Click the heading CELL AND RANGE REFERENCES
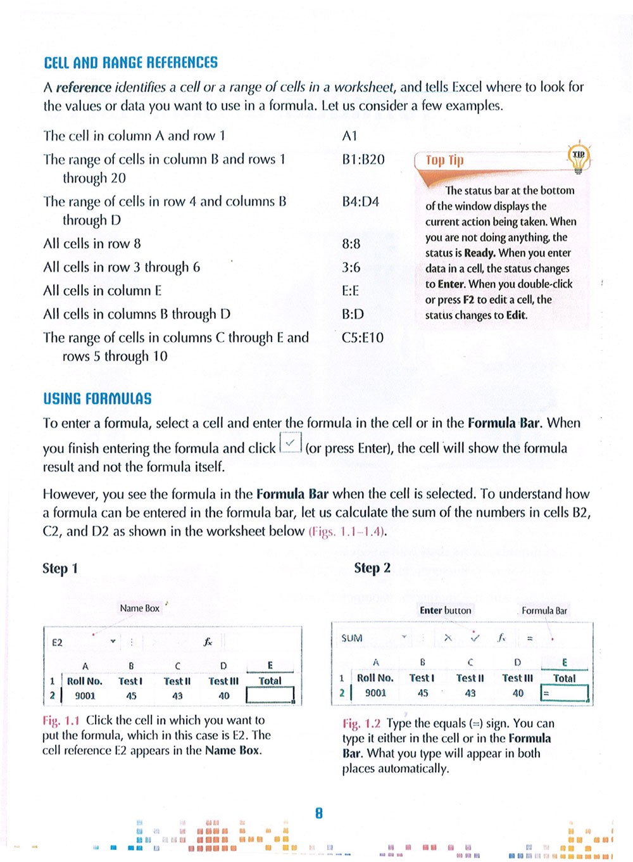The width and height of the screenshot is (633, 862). (x=130, y=63)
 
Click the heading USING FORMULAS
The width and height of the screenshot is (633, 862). (x=97, y=399)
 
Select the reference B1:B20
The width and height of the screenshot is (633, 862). (x=363, y=159)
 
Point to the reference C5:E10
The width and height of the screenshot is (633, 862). (x=362, y=338)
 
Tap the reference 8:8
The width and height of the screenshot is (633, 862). (x=351, y=244)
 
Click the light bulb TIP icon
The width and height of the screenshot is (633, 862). (x=578, y=157)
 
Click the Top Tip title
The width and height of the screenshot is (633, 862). (x=444, y=160)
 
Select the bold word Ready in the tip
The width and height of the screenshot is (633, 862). (x=479, y=253)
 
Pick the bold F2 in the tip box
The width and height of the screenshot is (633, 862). (x=468, y=300)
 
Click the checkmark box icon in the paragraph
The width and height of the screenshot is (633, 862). (x=290, y=444)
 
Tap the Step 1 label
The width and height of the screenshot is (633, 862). (x=60, y=568)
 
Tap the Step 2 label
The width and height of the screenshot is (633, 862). (x=372, y=567)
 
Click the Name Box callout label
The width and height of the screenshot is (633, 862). (x=139, y=608)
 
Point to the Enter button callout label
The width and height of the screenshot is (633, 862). (x=445, y=611)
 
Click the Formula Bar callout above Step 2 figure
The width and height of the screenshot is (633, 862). (x=544, y=611)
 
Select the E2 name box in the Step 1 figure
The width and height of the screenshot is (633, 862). (x=58, y=642)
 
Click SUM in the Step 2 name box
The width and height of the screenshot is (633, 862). (x=352, y=638)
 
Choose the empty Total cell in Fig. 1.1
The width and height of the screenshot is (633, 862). (x=270, y=695)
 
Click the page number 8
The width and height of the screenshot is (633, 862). (x=319, y=813)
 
